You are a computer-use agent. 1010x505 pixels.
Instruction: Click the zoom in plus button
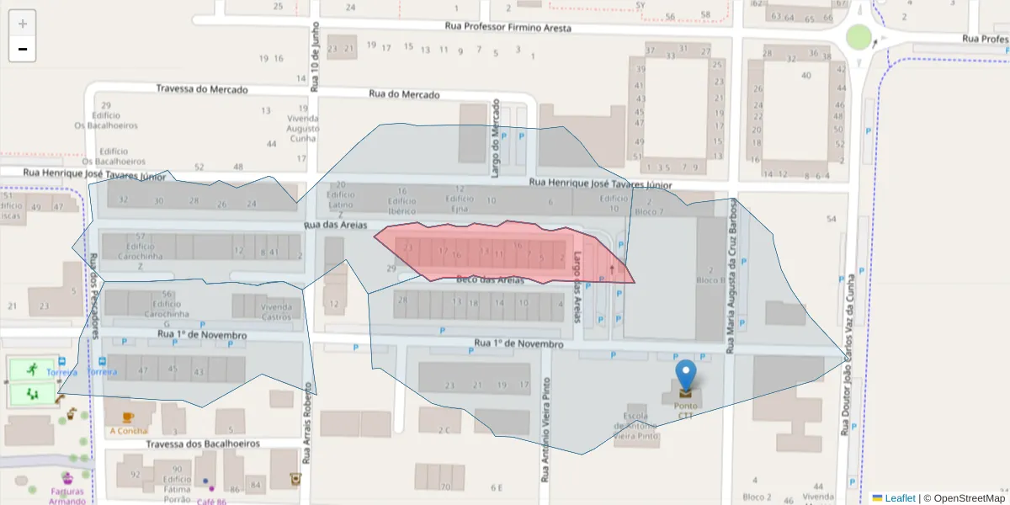(23, 24)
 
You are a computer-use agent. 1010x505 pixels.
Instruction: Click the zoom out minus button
(23, 50)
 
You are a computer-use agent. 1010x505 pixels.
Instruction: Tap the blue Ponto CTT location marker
(687, 376)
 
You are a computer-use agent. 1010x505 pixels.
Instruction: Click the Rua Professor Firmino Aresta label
(508, 28)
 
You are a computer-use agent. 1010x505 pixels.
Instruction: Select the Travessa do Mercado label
(202, 89)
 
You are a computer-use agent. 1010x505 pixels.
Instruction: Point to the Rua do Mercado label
(404, 94)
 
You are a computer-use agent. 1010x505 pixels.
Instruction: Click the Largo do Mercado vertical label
(496, 139)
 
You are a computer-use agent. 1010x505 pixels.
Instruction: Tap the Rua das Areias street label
(336, 226)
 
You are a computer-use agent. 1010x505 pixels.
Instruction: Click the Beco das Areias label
(490, 280)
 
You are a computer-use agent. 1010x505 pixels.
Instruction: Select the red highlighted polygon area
(497, 252)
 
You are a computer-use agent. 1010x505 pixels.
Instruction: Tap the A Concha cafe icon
(128, 417)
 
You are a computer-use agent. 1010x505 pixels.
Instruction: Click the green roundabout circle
(858, 37)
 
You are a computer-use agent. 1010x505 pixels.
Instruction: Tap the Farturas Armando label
(67, 496)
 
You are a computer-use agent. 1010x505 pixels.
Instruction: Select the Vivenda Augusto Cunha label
(302, 129)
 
